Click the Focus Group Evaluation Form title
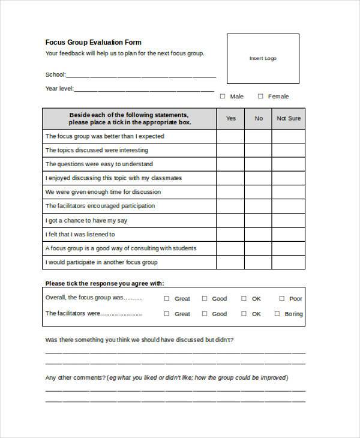coord(94,42)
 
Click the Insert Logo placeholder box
coord(263,58)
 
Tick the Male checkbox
coord(223,96)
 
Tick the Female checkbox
coord(260,96)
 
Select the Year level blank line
coord(144,88)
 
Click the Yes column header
coord(230,118)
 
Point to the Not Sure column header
coord(288,118)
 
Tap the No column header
coord(259,118)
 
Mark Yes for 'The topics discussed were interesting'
coord(230,150)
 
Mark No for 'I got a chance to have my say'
coord(259,220)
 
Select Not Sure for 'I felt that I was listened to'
coord(288,234)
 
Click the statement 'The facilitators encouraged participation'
coord(100,206)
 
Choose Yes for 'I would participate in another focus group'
coord(230,262)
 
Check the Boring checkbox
coord(277,313)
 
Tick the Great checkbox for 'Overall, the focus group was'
coord(167,298)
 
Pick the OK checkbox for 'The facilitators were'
coord(244,313)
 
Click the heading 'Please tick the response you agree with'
coord(104,283)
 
